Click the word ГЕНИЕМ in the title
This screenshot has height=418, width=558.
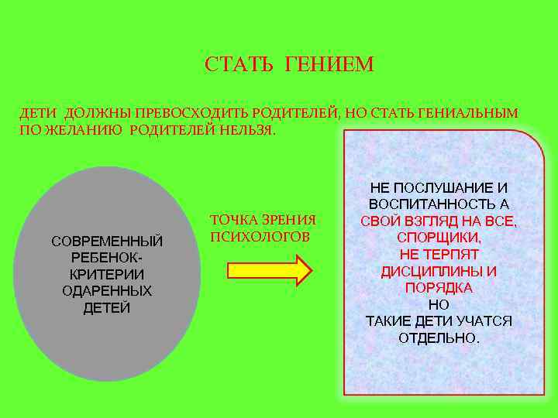coord(329,64)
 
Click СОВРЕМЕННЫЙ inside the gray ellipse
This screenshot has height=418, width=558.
coord(107,242)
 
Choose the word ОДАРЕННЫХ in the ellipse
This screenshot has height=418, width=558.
coord(107,291)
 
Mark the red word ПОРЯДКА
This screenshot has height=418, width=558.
coord(439,287)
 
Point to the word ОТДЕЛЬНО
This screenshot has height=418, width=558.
coord(439,338)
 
